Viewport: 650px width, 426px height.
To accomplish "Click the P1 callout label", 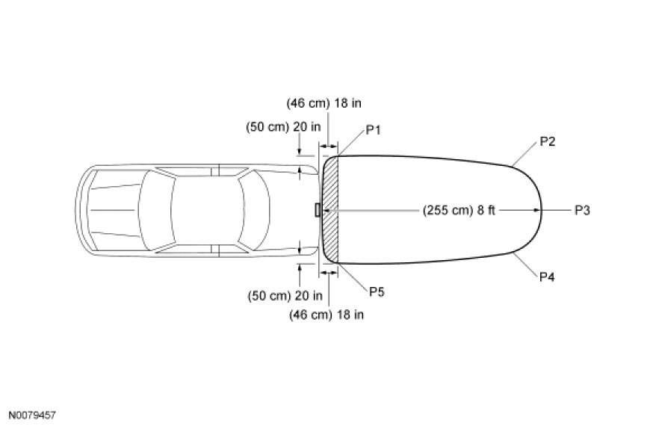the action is pos(373,130).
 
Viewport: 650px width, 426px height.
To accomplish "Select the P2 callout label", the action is pos(547,141).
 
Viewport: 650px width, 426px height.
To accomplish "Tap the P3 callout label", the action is pos(582,210).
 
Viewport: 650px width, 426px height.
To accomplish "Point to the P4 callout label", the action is pos(547,277).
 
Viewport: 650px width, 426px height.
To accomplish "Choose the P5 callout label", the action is pos(377,292).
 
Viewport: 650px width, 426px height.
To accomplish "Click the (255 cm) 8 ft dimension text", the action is pos(459,210).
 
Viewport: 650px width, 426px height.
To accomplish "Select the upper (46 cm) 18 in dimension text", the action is pos(324,103).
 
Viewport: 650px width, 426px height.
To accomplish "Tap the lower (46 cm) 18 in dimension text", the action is pos(326,315).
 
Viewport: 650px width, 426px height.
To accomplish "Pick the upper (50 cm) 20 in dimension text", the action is pos(283,127).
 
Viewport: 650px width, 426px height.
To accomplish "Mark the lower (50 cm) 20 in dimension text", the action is pos(285,296).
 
